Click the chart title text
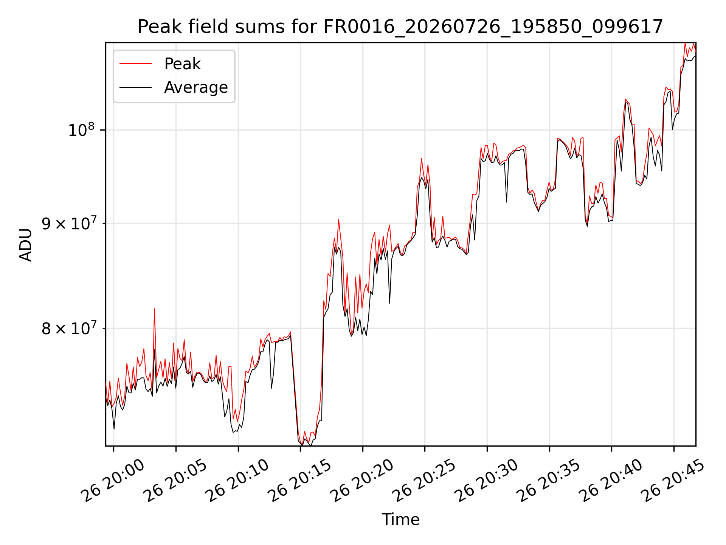[400, 27]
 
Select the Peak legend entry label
[182, 64]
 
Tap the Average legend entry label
[196, 87]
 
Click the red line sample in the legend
[135, 64]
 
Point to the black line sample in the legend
[135, 87]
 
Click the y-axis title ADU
[26, 244]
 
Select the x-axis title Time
[400, 519]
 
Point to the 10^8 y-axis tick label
[81, 129]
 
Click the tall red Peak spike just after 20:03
[154, 309]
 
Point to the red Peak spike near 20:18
[338, 220]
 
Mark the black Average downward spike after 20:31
[507, 201]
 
